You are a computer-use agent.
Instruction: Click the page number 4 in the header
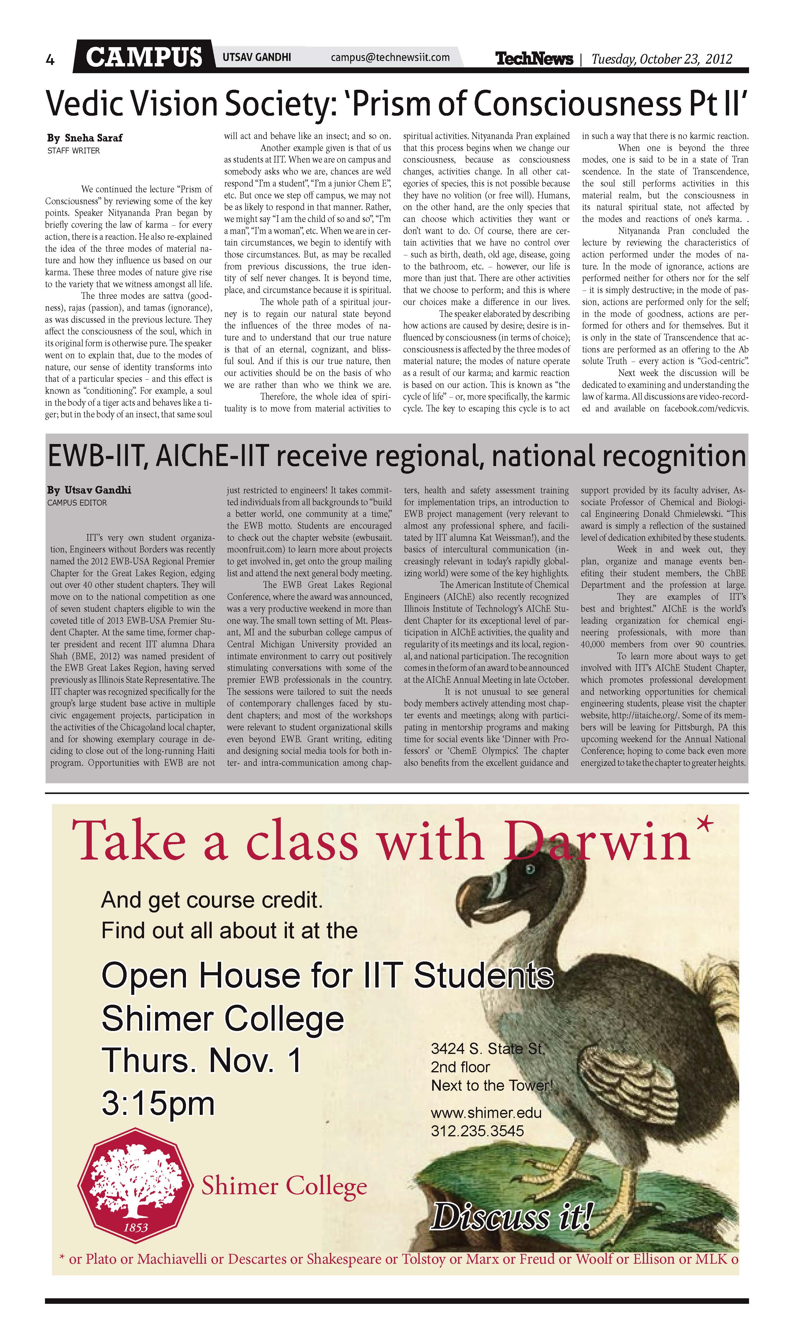point(50,60)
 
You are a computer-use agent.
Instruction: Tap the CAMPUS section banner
point(143,57)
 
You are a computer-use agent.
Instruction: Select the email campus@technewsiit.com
point(390,57)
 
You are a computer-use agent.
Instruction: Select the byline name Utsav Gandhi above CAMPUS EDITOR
point(97,490)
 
